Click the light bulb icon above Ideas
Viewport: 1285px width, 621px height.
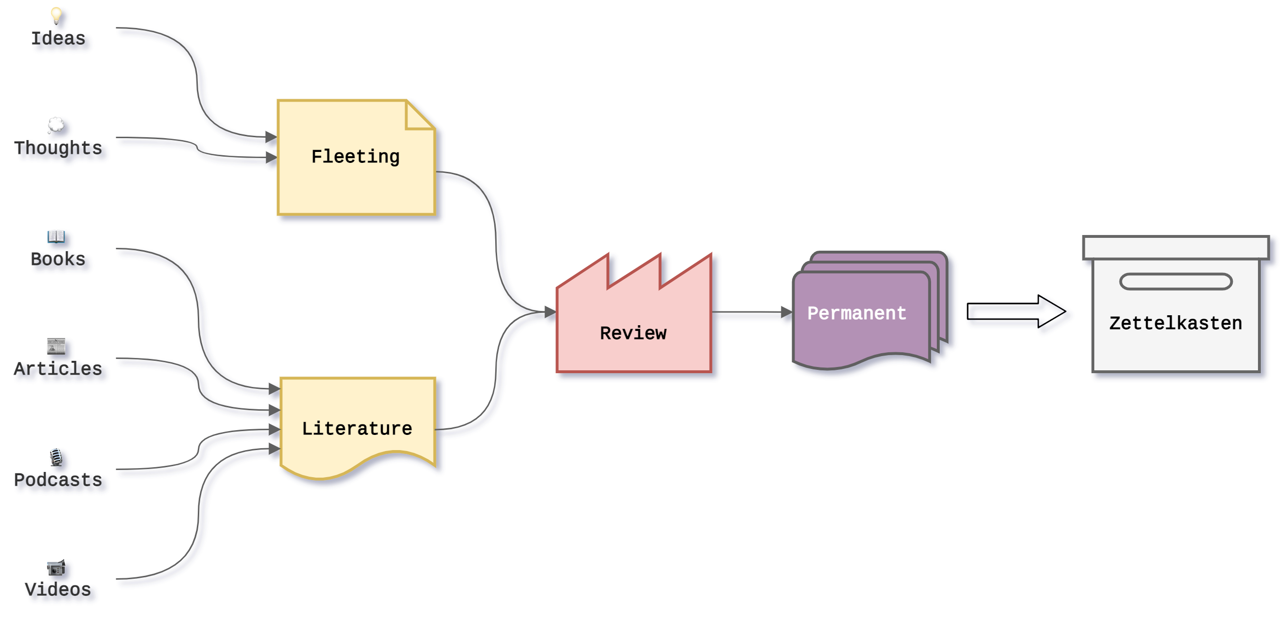56,15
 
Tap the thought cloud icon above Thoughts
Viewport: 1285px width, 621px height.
56,125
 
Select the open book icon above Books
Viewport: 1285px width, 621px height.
56,235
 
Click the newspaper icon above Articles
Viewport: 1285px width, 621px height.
56,346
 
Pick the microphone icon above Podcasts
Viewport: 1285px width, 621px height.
56,456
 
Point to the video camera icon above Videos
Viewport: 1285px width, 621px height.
56,567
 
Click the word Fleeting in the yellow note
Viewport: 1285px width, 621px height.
355,157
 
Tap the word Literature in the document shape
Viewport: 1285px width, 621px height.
357,428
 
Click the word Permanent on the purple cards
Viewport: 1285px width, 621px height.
857,313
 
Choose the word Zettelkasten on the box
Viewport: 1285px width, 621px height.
1175,323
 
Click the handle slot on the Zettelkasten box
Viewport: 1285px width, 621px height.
1176,282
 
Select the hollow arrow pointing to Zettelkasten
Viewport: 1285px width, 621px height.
1017,314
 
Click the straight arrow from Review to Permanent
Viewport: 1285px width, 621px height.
751,313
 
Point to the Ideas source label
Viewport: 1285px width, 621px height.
59,38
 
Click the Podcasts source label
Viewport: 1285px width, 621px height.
59,480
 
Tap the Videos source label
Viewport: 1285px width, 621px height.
59,590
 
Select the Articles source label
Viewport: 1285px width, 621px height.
59,369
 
